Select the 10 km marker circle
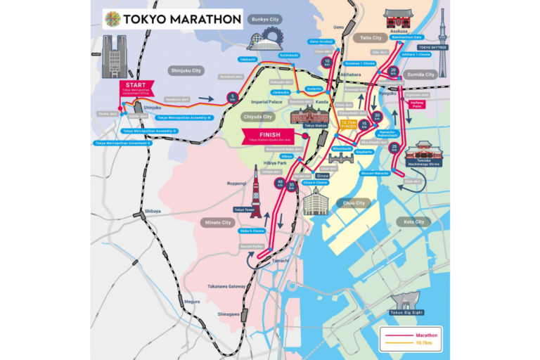(x=327, y=63)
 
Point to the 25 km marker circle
(x=394, y=147)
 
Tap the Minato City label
(x=217, y=222)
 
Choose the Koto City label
(x=413, y=222)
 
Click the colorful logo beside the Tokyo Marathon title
(x=112, y=19)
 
